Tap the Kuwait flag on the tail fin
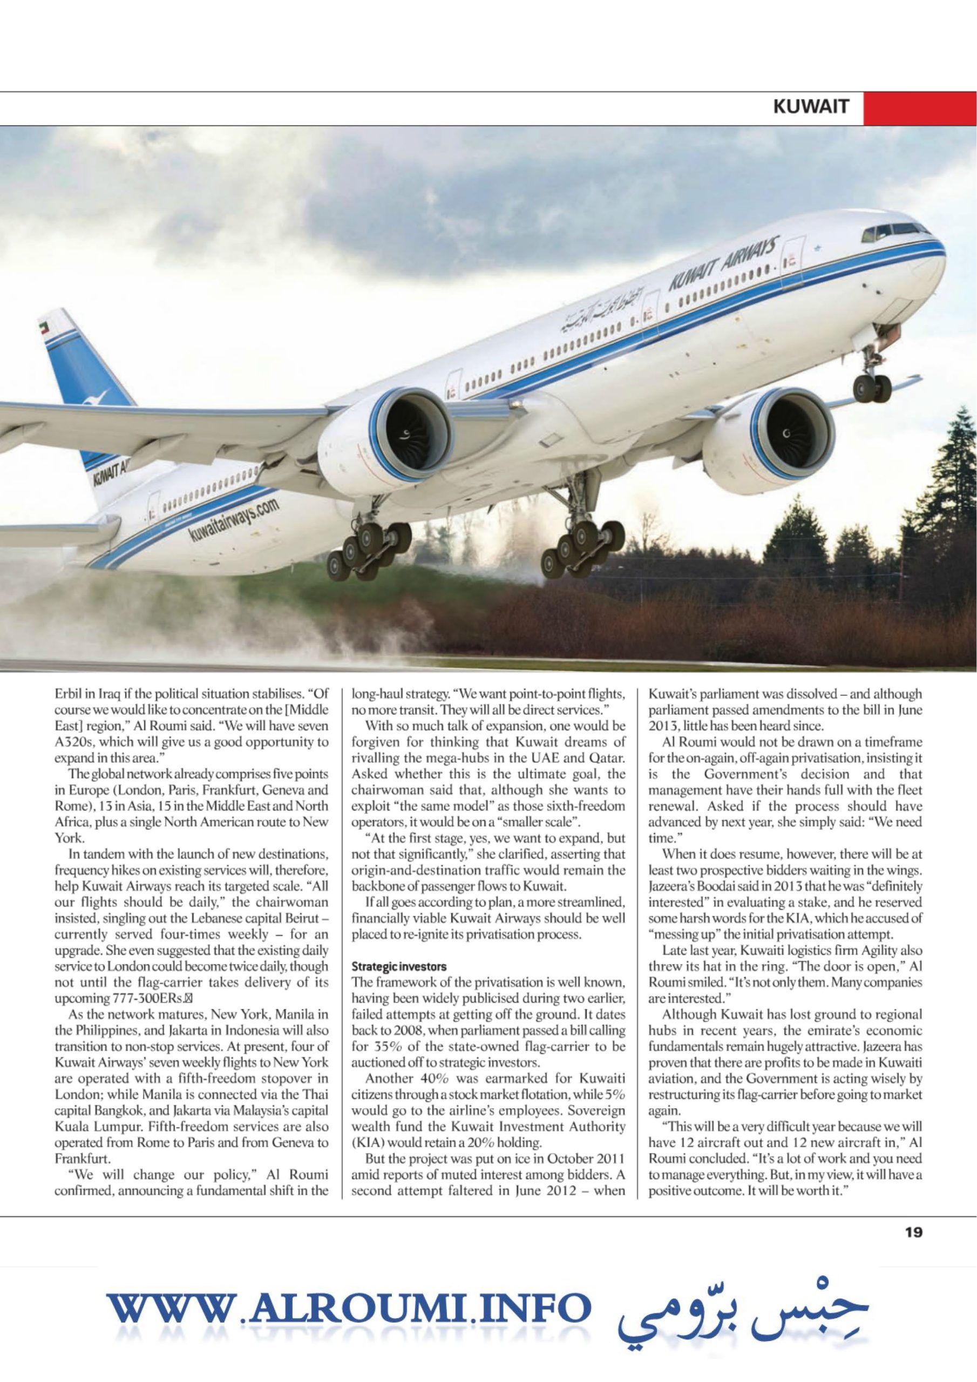[x=43, y=328]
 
